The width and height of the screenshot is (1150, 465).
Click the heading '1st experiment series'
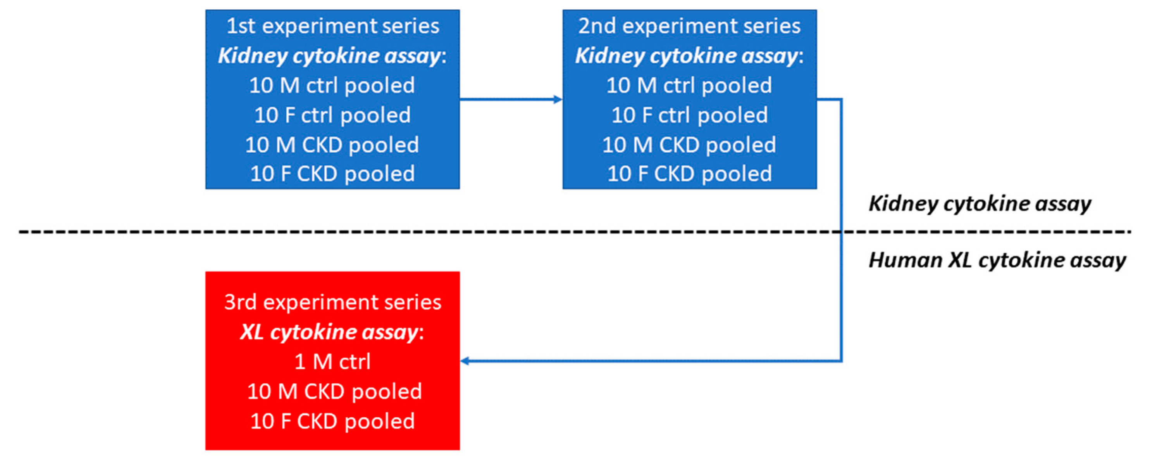click(x=332, y=26)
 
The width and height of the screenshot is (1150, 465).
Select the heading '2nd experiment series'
click(x=689, y=26)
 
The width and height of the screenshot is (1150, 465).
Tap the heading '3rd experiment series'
click(x=332, y=302)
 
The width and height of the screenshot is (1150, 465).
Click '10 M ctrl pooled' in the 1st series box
click(x=332, y=85)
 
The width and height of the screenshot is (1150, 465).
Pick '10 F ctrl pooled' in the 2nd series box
click(x=689, y=115)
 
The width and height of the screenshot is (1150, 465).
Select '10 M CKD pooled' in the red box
click(x=334, y=391)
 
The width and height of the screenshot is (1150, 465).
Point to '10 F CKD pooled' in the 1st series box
click(x=332, y=174)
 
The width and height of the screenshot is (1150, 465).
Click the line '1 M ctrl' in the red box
click(x=332, y=362)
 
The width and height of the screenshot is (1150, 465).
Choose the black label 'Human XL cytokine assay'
click(x=997, y=260)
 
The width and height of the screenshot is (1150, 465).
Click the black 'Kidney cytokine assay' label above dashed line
click(x=980, y=203)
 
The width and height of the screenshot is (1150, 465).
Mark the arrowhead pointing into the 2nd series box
click(x=558, y=100)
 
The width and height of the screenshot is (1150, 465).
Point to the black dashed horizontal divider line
click(x=446, y=232)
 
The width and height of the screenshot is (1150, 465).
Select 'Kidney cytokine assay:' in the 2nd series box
click(x=689, y=56)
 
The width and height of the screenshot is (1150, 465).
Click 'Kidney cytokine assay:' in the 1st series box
click(x=332, y=56)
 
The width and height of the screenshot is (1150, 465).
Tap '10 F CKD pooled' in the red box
click(x=332, y=421)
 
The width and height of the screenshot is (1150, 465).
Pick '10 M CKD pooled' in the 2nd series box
click(x=689, y=145)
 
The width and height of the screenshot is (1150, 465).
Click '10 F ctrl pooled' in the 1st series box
click(x=332, y=115)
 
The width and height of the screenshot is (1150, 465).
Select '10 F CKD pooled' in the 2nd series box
click(x=689, y=174)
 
